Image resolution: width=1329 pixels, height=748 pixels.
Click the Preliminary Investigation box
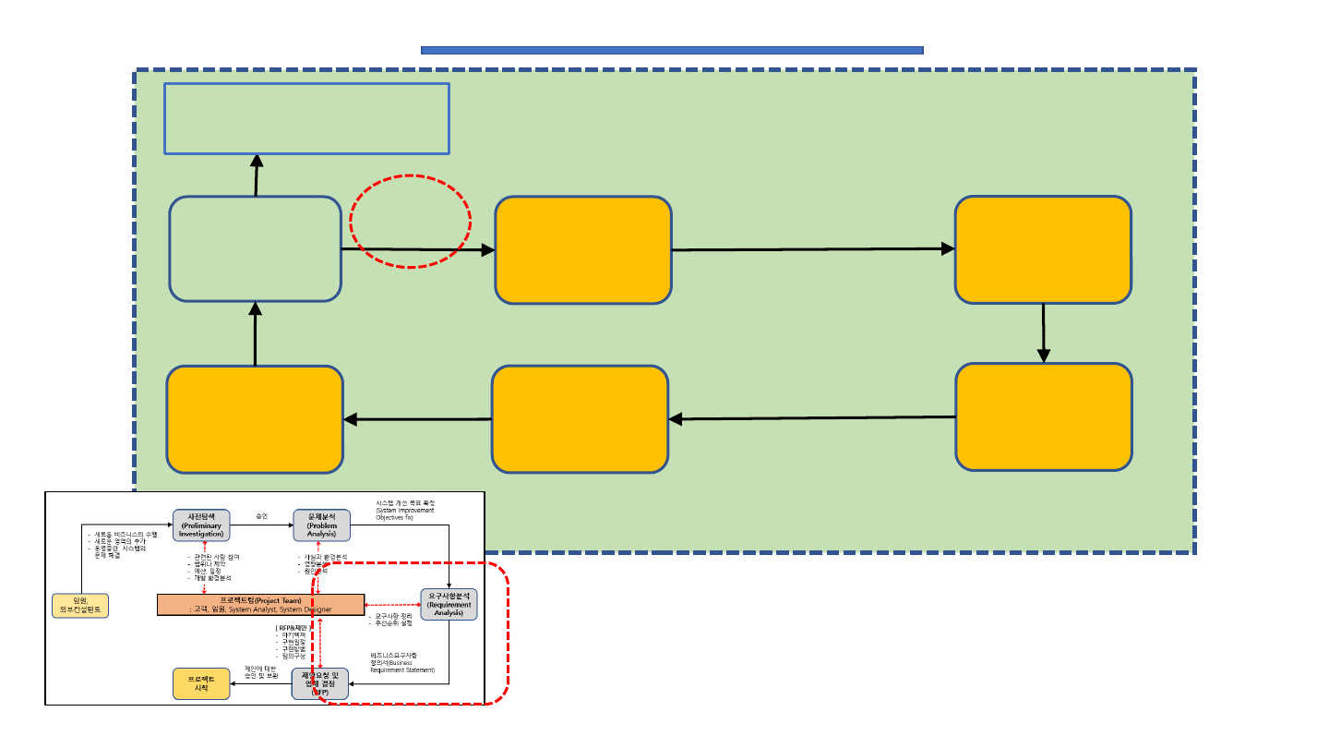[200, 525]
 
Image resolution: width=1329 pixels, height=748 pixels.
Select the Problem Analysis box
[322, 525]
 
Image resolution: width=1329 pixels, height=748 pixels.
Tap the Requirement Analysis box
[449, 604]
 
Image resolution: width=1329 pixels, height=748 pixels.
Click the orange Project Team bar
[260, 605]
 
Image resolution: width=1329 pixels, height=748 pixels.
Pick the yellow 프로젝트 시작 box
[201, 683]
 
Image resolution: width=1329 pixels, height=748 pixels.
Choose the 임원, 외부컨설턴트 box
[81, 606]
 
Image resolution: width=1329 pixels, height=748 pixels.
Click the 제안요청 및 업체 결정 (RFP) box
[320, 683]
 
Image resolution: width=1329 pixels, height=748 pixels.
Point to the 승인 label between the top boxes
[261, 516]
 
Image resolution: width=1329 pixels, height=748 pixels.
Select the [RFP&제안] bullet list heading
[292, 629]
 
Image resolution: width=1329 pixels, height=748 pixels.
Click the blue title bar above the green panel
[672, 50]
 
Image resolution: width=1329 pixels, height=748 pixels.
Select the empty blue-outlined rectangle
[306, 118]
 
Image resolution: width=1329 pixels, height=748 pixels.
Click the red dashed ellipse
[410, 222]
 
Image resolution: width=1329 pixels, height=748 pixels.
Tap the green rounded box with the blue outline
[256, 248]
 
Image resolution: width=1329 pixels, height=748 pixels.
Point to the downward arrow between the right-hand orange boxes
[1044, 332]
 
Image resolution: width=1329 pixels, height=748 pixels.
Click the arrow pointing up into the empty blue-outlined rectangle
[256, 175]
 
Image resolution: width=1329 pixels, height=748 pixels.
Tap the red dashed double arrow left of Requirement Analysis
[392, 605]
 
